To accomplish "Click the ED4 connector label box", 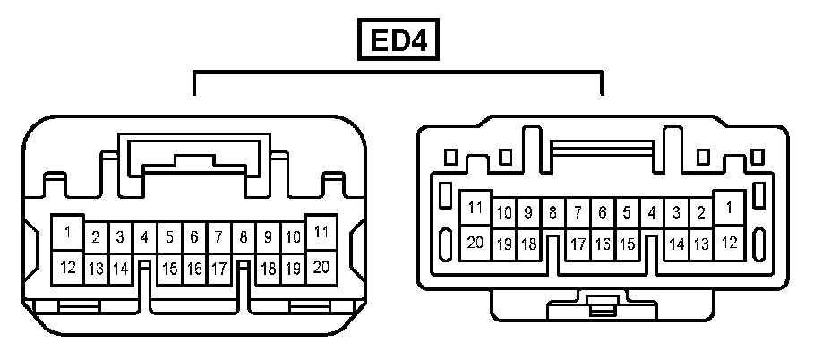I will pos(399,40).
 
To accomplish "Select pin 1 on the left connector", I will pos(67,232).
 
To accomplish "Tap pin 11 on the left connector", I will pos(321,232).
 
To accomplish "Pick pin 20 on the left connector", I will pos(321,266).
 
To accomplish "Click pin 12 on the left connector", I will pos(67,266).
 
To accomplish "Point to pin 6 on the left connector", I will pos(193,238).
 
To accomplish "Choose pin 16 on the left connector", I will pos(193,268).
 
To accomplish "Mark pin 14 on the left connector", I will pos(120,268).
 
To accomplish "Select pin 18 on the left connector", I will pos(267,268).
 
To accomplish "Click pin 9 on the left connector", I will pos(268,238).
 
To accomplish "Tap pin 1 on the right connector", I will pos(730,208).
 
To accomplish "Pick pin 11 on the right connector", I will pos(475,208).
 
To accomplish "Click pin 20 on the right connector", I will pos(475,242).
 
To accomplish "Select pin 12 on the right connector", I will pos(730,242).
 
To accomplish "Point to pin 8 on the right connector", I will pos(553,213).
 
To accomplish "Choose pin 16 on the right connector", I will pos(603,244).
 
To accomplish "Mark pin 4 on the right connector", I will pos(652,213).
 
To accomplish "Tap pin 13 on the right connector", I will pos(701,244).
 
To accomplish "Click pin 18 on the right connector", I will pos(528,244).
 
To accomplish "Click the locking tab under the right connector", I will pos(602,308).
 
